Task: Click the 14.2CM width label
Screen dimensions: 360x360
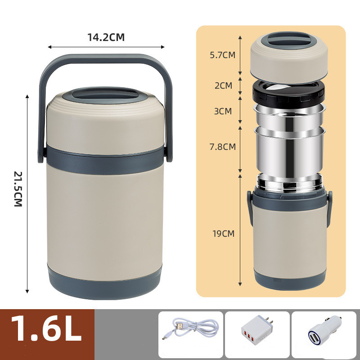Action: pyautogui.click(x=106, y=37)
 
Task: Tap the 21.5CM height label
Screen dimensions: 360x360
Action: pyautogui.click(x=18, y=189)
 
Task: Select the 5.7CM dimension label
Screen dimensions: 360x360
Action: pyautogui.click(x=223, y=55)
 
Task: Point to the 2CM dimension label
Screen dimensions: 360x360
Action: pyautogui.click(x=223, y=85)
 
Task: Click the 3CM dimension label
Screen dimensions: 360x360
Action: pyautogui.click(x=223, y=111)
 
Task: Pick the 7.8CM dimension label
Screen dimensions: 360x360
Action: pyautogui.click(x=223, y=147)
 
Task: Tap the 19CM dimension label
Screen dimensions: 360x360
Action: pyautogui.click(x=223, y=234)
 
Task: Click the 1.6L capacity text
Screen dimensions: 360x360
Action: pyautogui.click(x=46, y=328)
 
